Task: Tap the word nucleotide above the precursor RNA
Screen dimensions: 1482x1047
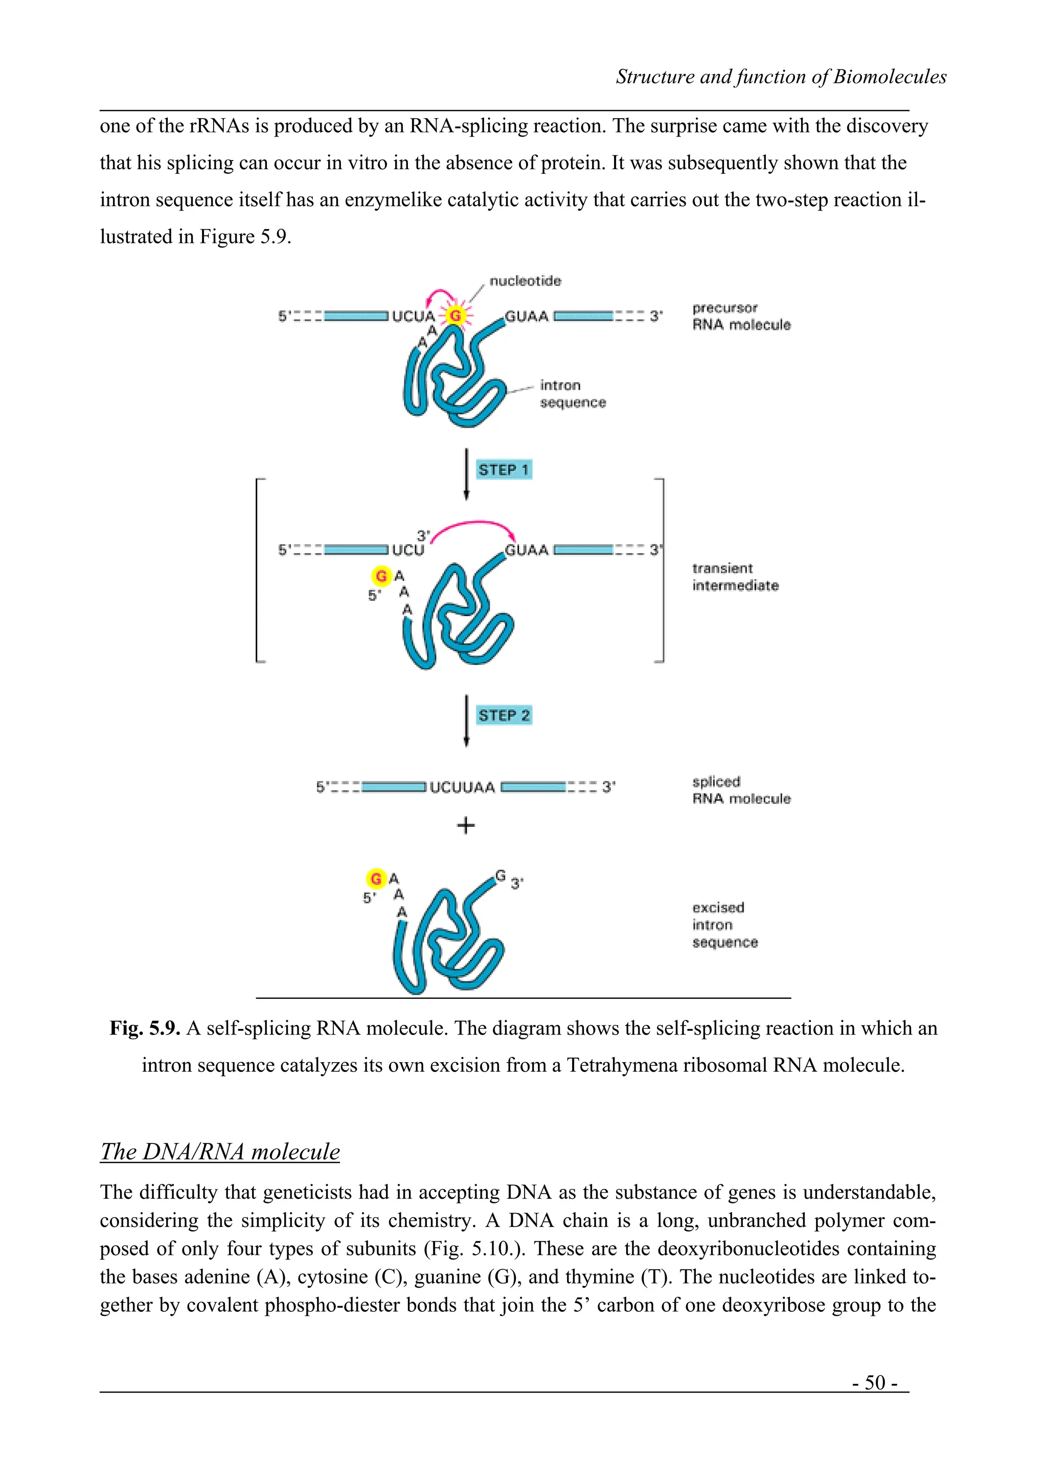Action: click(525, 281)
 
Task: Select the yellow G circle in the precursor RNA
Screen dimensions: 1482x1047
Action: click(456, 316)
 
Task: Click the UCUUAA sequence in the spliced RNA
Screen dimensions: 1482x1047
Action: click(462, 787)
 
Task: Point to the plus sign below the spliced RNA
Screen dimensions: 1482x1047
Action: click(465, 825)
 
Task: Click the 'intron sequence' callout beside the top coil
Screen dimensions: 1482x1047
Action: click(572, 394)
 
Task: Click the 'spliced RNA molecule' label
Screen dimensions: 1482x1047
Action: click(741, 790)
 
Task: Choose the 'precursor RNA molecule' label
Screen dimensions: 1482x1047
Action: click(741, 316)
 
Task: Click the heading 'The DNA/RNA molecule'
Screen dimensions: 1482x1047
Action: click(220, 1152)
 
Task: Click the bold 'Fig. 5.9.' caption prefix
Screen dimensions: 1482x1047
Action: click(145, 1028)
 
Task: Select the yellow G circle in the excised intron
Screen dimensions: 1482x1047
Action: click(375, 879)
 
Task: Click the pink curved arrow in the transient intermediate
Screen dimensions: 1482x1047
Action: click(474, 523)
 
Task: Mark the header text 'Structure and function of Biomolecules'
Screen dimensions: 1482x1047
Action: click(781, 77)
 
